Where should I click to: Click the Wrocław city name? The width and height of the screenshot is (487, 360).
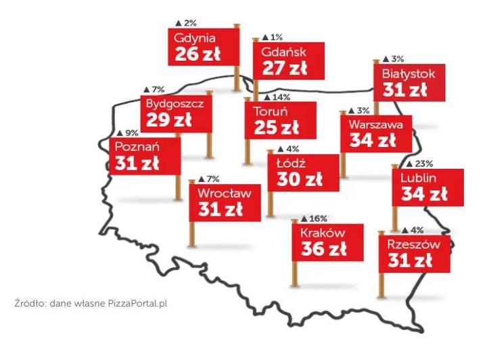pos(225,193)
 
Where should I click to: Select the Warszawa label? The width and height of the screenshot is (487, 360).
pos(375,125)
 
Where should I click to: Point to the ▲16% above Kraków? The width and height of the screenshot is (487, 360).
pos(313,219)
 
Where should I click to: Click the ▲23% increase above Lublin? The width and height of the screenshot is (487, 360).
pos(419,164)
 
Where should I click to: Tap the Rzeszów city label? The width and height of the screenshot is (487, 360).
pos(413,244)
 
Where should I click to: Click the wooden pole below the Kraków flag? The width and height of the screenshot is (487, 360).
pos(294,274)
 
